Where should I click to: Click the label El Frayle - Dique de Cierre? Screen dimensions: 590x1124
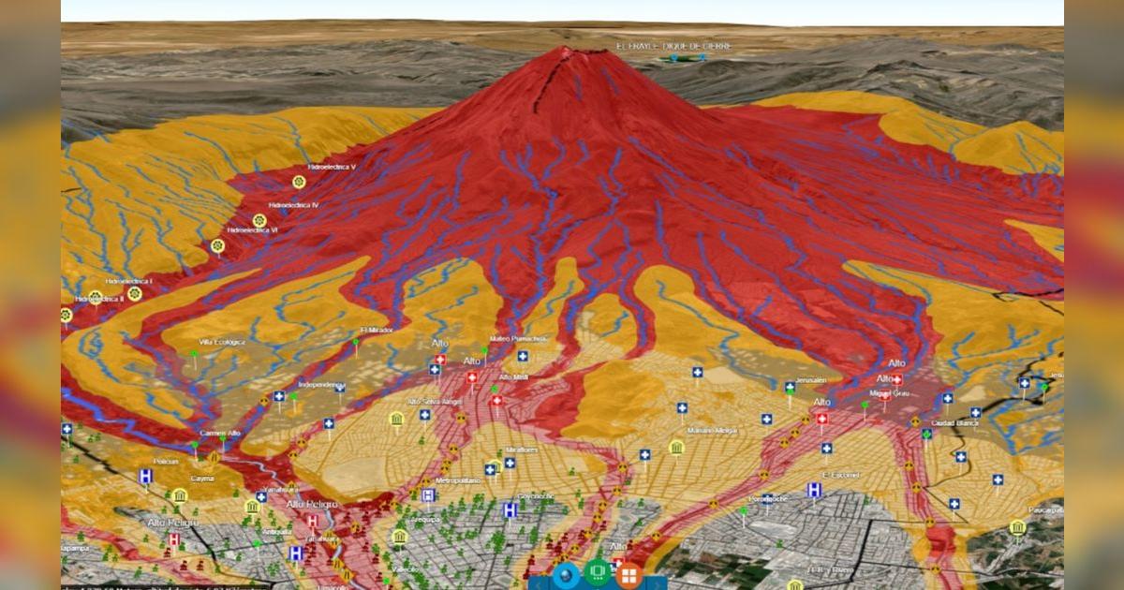pyautogui.click(x=673, y=46)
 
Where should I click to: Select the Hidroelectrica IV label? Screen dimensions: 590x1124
pyautogui.click(x=293, y=204)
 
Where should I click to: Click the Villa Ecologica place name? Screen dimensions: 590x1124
pyautogui.click(x=222, y=343)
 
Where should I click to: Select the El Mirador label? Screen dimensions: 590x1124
pyautogui.click(x=377, y=331)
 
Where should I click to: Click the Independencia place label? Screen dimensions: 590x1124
pyautogui.click(x=321, y=384)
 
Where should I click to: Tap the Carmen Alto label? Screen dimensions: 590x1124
pyautogui.click(x=221, y=434)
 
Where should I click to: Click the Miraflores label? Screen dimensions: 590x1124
pyautogui.click(x=523, y=450)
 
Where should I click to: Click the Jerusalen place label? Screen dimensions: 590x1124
pyautogui.click(x=810, y=381)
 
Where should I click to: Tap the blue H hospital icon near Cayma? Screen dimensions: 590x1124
pyautogui.click(x=145, y=477)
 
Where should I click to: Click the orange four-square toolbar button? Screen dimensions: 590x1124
pyautogui.click(x=629, y=573)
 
